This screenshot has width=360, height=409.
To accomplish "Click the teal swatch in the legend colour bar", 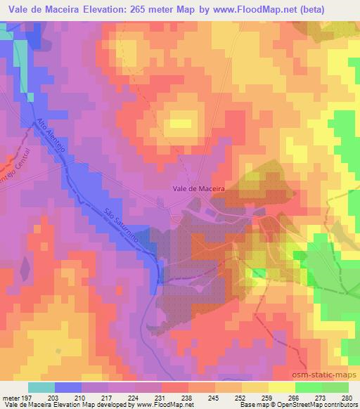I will point(41,387).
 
